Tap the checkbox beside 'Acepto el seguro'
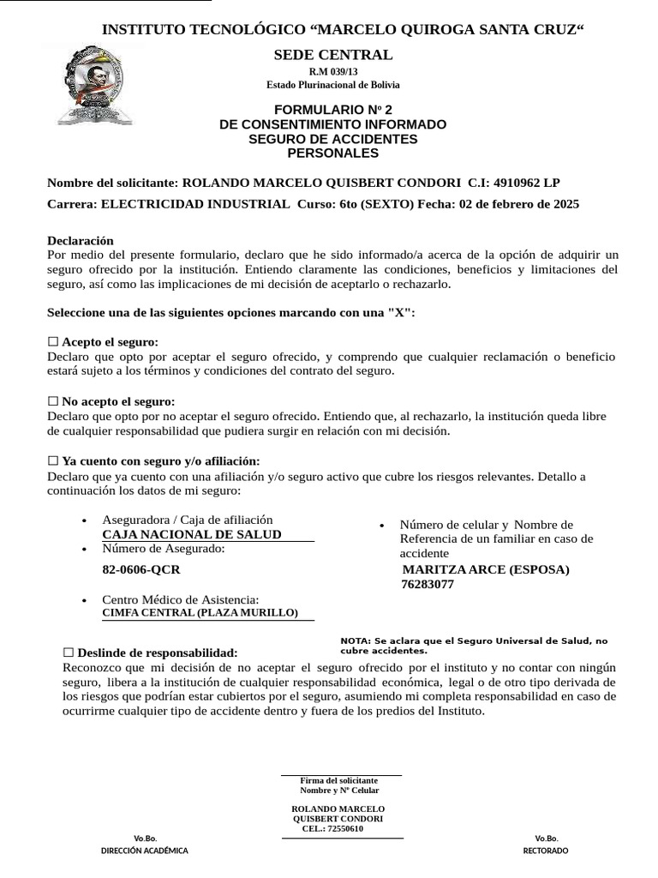point(53,342)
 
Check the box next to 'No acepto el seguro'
point(53,401)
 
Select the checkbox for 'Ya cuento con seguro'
point(53,460)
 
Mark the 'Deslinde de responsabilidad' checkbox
point(69,652)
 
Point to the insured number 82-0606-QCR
point(141,569)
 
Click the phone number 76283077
point(428,585)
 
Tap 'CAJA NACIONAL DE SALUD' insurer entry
point(192,535)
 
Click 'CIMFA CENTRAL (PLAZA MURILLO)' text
point(200,612)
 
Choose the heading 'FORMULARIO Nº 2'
point(332,109)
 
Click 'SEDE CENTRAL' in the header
point(332,55)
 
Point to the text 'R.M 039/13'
point(332,72)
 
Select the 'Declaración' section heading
point(81,241)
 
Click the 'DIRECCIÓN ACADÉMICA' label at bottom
point(144,851)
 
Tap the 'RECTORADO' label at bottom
point(545,851)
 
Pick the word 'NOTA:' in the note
point(355,640)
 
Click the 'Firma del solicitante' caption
point(338,781)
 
